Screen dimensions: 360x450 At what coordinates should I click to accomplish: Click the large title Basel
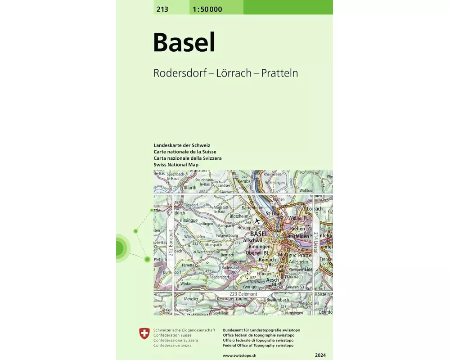coord(184,42)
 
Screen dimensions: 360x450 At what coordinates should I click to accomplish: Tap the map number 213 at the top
coord(162,9)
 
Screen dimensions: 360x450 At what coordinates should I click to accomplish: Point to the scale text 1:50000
coord(207,9)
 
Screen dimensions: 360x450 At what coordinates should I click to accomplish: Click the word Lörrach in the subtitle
coord(234,73)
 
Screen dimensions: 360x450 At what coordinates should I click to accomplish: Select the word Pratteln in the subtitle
coord(280,73)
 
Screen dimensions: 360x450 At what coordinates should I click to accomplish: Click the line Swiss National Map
coord(175,165)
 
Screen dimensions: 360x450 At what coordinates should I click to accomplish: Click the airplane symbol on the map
coord(257,221)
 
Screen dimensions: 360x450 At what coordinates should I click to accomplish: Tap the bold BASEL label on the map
coord(259,234)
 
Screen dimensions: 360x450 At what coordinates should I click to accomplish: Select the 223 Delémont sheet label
coord(243,294)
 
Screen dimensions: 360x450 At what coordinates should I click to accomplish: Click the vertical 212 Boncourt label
coord(171,243)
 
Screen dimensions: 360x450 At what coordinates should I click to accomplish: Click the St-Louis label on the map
coord(274,213)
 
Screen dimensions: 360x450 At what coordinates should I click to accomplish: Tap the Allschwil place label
coord(252,241)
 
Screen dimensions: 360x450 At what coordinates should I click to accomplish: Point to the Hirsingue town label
coord(189,221)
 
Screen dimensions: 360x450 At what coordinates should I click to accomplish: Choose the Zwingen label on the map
coord(250,287)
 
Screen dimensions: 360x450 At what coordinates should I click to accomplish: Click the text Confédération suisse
coord(172,335)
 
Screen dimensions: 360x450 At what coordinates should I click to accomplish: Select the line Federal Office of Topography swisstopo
coord(258,345)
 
